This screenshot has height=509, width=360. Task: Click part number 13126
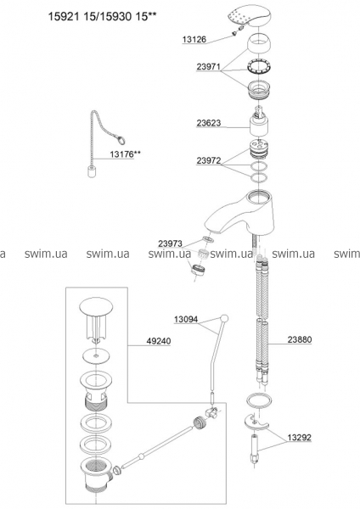coord(194,40)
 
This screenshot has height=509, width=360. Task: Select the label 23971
coord(209,67)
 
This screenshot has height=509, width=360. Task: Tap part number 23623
coord(209,123)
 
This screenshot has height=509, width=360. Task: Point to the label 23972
coord(209,160)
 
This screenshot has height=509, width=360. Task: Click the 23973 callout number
coord(171,243)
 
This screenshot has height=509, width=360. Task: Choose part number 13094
coord(186,320)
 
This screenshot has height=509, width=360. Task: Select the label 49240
coord(159,341)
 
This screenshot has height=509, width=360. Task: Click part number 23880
coord(300,339)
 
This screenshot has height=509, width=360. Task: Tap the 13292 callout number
coord(299,438)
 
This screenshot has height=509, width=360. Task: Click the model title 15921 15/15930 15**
coord(100,17)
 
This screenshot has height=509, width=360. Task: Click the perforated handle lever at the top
coord(248,17)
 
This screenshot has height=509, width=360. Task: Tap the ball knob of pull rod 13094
coord(224,318)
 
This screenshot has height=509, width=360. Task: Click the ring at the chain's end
coord(121,140)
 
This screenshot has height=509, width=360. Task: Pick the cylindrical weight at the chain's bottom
coord(92,171)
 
